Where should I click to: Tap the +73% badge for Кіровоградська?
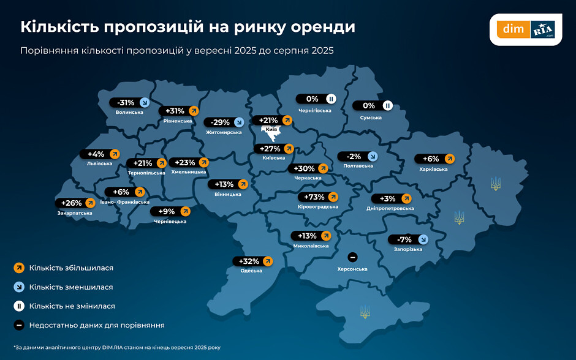click(319, 197)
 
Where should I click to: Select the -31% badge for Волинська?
click(130, 102)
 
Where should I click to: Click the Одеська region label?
click(252, 271)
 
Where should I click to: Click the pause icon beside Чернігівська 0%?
click(330, 99)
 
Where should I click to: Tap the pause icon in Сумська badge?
click(387, 105)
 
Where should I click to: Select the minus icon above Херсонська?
click(352, 257)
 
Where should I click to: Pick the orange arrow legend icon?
click(19, 268)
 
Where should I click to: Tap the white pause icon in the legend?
click(19, 306)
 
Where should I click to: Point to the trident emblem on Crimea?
click(365, 311)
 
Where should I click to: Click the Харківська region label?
click(433, 169)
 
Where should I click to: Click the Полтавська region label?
click(358, 166)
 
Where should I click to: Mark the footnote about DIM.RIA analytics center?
click(116, 347)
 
